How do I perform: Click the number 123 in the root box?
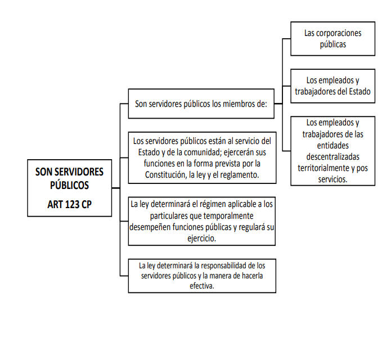pos(73,204)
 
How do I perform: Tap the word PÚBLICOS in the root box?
pos(69,185)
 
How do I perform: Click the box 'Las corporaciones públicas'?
pos(333,39)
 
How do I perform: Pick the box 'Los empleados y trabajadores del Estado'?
pos(333,86)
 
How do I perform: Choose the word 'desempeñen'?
pos(150,227)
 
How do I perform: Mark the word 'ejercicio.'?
pos(202,238)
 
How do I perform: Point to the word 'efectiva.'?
pos(202,286)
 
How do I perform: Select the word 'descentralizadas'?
pos(333,156)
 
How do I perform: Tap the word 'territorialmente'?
pos(321,168)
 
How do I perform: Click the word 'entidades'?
pos(333,146)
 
